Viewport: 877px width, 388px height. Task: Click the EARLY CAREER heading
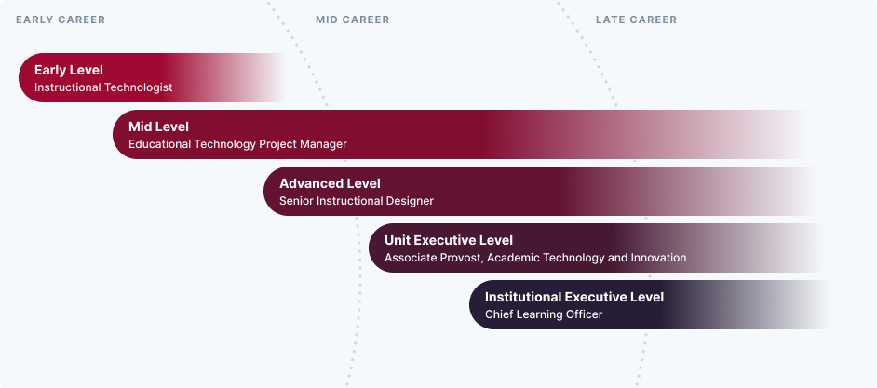click(61, 20)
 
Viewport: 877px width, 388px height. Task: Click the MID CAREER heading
click(352, 20)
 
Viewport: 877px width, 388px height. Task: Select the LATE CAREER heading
click(636, 20)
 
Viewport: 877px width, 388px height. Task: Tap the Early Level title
click(68, 70)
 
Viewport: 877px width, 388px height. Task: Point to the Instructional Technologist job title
click(103, 87)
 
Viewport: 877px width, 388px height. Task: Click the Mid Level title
click(158, 127)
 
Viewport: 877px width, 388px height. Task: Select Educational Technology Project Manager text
click(237, 144)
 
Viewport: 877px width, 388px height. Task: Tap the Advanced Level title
click(330, 183)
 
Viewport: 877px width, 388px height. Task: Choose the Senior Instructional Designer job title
click(357, 201)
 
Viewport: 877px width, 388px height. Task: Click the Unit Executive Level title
click(449, 240)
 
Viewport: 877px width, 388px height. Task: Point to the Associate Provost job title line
click(535, 258)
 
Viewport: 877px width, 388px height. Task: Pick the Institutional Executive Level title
click(574, 297)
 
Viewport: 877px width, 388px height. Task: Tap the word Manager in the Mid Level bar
click(322, 144)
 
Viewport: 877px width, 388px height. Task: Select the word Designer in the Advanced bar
click(409, 201)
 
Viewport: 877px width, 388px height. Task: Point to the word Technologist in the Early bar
click(139, 87)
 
